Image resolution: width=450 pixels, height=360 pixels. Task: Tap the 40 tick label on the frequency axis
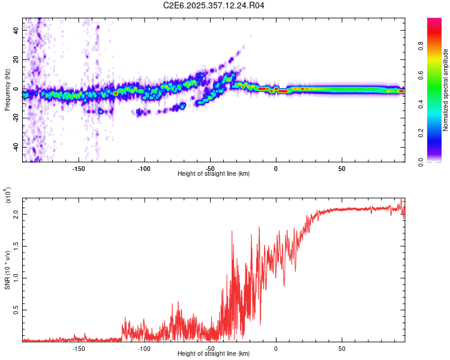[16, 30]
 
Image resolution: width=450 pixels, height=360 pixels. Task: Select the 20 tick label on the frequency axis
[16, 59]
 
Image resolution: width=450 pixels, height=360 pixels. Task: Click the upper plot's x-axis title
[214, 173]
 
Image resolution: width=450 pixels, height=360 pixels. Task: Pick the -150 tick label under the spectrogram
[79, 168]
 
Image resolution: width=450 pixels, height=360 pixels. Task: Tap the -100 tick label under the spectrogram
[144, 168]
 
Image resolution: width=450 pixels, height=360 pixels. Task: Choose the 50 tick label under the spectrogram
[341, 168]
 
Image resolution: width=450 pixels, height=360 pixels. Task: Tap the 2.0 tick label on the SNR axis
[16, 214]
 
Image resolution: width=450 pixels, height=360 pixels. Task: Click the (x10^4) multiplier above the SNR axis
[7, 196]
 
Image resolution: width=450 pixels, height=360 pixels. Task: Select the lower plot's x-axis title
[214, 353]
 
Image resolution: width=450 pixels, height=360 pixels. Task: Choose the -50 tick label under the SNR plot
[210, 348]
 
